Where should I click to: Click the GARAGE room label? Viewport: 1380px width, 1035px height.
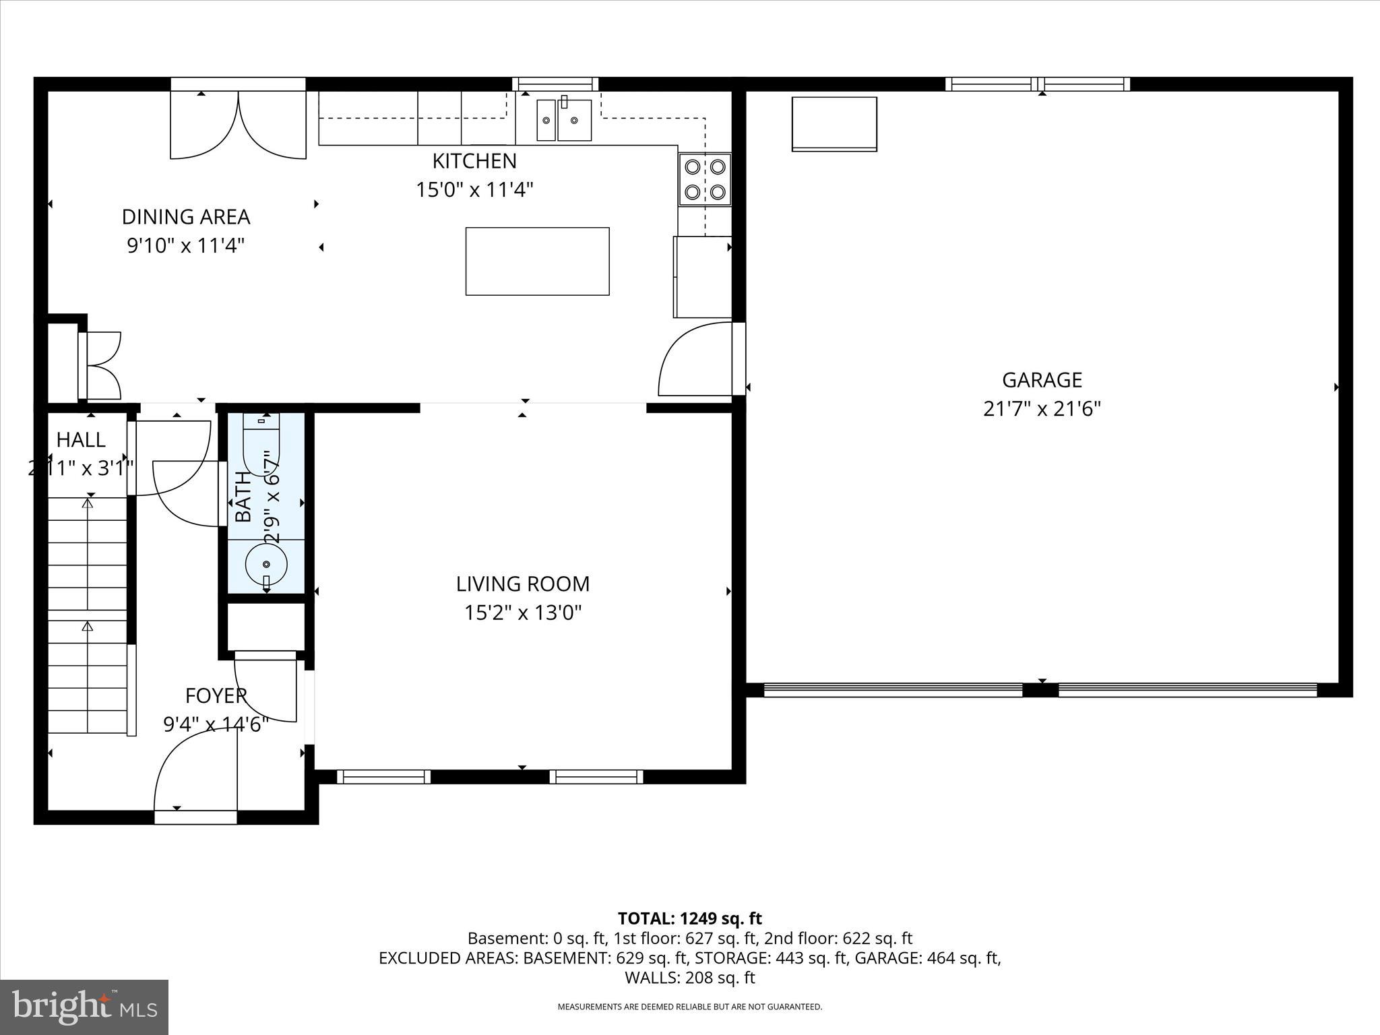1042,380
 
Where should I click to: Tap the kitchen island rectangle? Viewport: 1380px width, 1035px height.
537,261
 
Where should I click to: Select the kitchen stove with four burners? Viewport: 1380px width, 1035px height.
705,179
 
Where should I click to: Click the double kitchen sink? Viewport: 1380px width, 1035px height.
564,121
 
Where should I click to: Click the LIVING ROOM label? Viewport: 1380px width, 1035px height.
522,584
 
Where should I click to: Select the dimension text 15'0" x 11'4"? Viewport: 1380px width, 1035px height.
474,190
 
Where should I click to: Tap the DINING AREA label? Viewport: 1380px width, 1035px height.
185,217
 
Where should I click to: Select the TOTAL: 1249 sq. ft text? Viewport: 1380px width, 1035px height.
689,918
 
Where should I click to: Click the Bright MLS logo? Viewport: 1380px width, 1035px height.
84,1007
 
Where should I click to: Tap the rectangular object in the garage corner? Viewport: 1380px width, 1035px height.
834,124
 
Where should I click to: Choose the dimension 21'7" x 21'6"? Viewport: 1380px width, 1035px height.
1042,409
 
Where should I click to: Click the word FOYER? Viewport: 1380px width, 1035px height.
216,695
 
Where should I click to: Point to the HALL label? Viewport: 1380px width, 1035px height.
81,440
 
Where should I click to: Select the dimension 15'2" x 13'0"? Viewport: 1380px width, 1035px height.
522,613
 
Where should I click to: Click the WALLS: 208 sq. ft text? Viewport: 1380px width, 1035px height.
689,977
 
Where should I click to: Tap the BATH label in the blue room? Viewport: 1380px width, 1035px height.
243,497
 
